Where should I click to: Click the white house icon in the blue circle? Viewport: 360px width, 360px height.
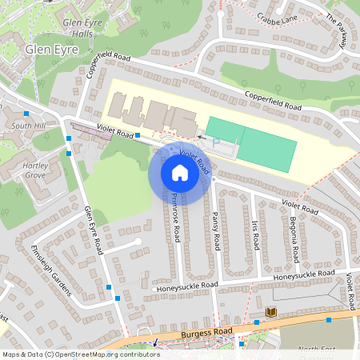click(179, 172)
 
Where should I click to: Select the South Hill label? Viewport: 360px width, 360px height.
click(28, 126)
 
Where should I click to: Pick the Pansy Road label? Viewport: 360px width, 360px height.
click(216, 230)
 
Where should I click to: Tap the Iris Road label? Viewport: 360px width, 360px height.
click(256, 231)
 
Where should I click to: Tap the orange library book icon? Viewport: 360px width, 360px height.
click(271, 311)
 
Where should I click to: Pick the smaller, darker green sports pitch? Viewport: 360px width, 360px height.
click(224, 128)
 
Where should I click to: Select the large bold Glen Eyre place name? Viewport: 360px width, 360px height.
click(50, 49)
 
